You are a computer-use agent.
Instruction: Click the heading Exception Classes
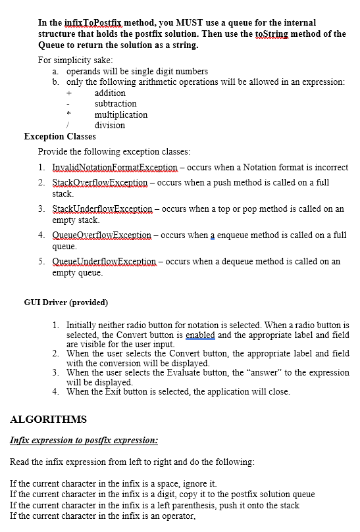click(x=60, y=136)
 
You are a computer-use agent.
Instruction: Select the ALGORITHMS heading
click(x=48, y=419)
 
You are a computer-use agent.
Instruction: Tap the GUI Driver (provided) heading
click(x=66, y=302)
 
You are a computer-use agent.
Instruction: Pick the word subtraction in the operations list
click(x=116, y=103)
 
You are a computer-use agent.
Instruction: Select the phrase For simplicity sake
click(x=75, y=60)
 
